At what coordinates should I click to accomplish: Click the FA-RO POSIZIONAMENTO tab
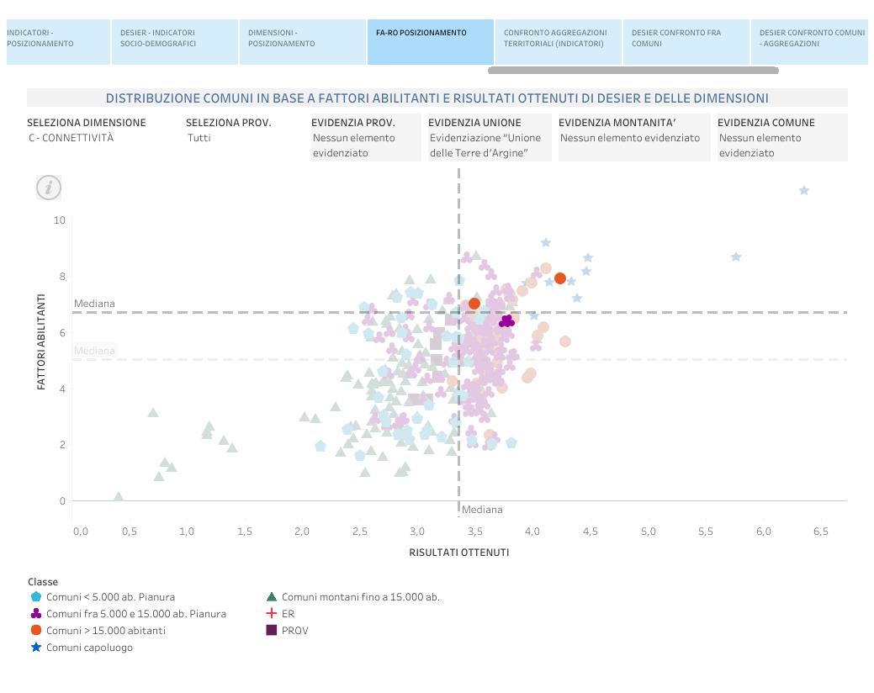[429, 34]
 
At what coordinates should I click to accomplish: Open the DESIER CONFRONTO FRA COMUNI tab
[686, 39]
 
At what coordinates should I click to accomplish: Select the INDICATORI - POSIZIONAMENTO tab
[55, 39]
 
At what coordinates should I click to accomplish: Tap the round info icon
[49, 188]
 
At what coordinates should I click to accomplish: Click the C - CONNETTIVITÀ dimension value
[71, 138]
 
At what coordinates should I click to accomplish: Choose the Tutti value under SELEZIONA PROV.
[199, 138]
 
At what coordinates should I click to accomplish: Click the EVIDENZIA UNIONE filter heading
[474, 123]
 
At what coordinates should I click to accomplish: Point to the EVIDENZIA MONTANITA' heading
[617, 123]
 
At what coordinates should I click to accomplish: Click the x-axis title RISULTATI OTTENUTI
[458, 553]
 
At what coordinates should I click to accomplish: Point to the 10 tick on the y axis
[59, 220]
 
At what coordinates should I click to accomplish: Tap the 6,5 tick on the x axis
[820, 532]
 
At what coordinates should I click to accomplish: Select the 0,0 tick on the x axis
[81, 532]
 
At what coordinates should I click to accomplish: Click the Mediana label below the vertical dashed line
[482, 510]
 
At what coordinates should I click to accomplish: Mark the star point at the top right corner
[803, 191]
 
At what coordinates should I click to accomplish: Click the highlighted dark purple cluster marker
[506, 321]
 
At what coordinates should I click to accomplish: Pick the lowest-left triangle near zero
[119, 497]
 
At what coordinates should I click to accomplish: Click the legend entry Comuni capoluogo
[89, 648]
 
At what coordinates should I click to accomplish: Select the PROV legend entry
[294, 630]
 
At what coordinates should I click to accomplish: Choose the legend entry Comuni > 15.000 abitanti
[105, 630]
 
